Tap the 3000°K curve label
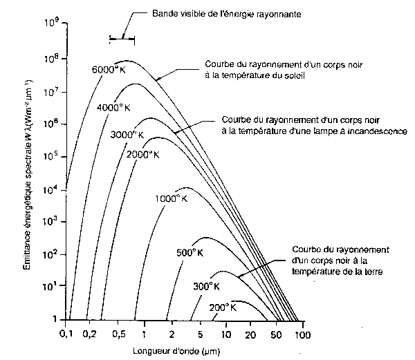pos(127,133)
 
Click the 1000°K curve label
pos(171,198)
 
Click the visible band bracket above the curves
pos(122,39)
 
